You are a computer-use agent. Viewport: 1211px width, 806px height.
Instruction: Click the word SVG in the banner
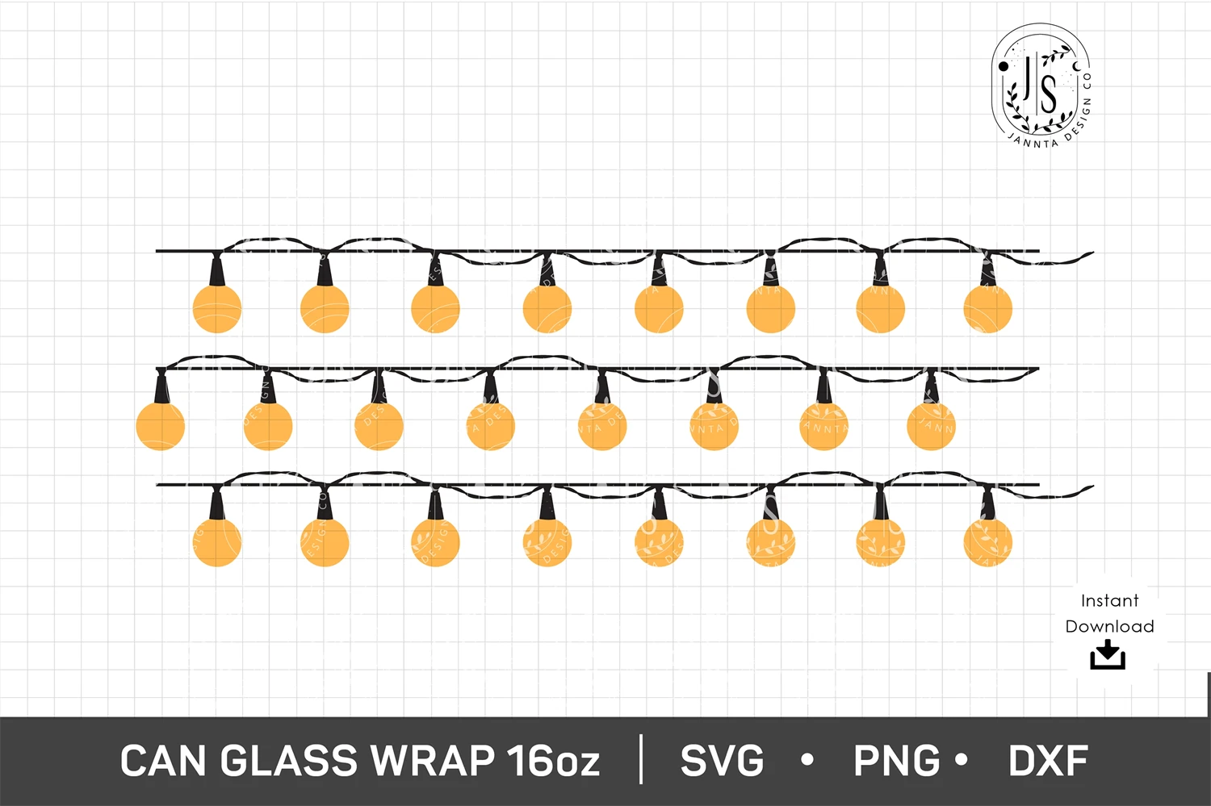tap(722, 761)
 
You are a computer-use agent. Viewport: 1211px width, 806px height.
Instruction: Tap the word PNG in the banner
tap(896, 761)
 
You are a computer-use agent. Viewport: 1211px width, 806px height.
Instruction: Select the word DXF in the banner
tap(1048, 761)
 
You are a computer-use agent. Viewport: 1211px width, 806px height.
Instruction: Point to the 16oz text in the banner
tap(553, 761)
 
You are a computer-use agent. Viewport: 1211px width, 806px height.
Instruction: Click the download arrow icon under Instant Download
tap(1108, 655)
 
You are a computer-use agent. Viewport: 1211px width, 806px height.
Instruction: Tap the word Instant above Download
tap(1109, 600)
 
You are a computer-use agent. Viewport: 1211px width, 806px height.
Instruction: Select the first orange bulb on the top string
tap(217, 308)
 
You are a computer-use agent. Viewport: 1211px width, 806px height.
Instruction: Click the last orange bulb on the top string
tap(987, 308)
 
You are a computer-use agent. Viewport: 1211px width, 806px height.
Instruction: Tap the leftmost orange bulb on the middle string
tap(160, 425)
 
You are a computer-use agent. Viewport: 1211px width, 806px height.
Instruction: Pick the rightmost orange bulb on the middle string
tap(931, 425)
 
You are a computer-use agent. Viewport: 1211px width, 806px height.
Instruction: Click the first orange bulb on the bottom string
tap(217, 541)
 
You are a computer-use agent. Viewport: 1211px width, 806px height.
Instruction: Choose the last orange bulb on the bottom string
tap(987, 541)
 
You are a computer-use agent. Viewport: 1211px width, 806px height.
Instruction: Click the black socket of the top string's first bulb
tap(216, 270)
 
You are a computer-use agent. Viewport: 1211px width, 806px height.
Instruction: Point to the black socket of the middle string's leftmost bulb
tap(160, 387)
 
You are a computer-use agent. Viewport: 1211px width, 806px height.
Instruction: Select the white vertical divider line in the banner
tap(642, 759)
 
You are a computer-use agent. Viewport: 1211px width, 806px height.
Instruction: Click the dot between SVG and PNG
tap(807, 760)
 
